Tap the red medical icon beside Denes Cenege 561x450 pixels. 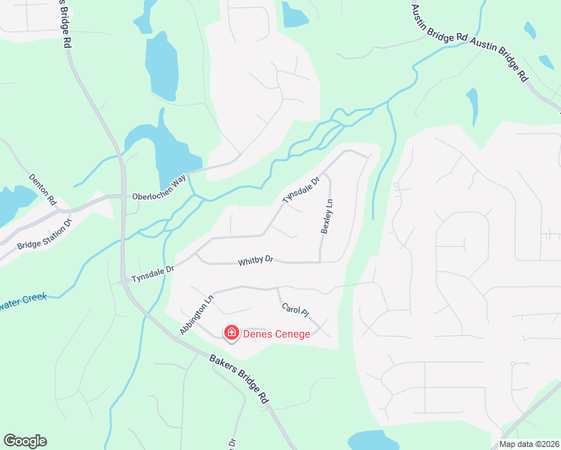pos(232,332)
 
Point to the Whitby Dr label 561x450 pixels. pos(256,262)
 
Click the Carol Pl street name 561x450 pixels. pos(295,310)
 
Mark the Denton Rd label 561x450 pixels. pos(43,190)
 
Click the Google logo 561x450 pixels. pos(25,441)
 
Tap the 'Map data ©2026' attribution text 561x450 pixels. pos(529,444)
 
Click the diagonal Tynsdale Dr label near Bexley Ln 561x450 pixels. pos(301,189)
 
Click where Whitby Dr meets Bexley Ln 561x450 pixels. pos(321,262)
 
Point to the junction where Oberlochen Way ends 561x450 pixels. pos(124,196)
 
